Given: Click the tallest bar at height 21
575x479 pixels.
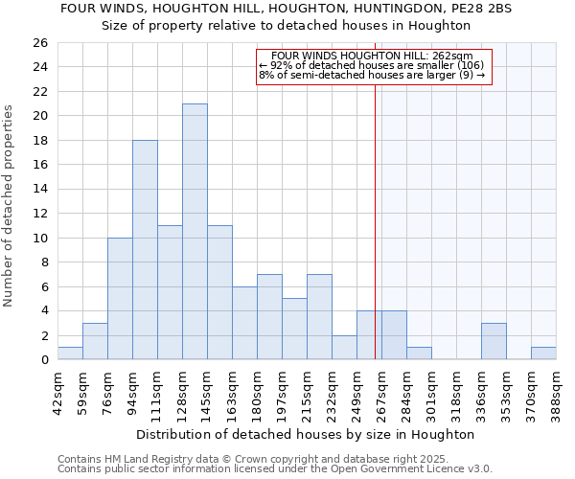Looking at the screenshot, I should point(195,232).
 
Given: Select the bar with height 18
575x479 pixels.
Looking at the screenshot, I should point(145,250).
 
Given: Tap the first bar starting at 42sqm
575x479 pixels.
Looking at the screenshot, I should point(70,354).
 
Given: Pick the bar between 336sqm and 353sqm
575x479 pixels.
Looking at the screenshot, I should point(494,341).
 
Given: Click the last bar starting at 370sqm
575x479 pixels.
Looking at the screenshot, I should point(543,354).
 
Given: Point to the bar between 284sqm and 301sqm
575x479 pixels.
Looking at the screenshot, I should point(419,354).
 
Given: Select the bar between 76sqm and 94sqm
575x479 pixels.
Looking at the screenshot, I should point(120,299).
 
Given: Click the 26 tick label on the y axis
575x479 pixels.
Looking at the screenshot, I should point(39,43).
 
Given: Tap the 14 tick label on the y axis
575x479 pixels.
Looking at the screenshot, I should point(39,189).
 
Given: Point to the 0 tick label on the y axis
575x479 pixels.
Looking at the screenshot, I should point(43,360).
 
